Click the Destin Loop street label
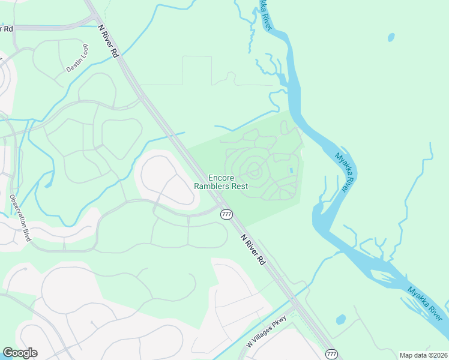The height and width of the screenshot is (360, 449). coord(77,58)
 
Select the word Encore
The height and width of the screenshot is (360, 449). coord(220,178)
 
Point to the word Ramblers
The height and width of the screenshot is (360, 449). coord(211,186)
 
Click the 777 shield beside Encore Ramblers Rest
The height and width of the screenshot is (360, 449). coord(226,214)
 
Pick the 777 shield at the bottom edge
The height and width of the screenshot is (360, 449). coord(331,355)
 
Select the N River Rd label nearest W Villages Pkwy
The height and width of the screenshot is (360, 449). coord(253,249)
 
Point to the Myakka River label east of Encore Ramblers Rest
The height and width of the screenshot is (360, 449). coord(342,172)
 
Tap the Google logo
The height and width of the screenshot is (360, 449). coord(20,353)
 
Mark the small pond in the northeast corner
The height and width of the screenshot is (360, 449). coord(391,37)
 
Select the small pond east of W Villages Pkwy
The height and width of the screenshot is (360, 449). coord(341,319)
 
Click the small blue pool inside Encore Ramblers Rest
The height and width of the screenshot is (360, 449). coord(291,171)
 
